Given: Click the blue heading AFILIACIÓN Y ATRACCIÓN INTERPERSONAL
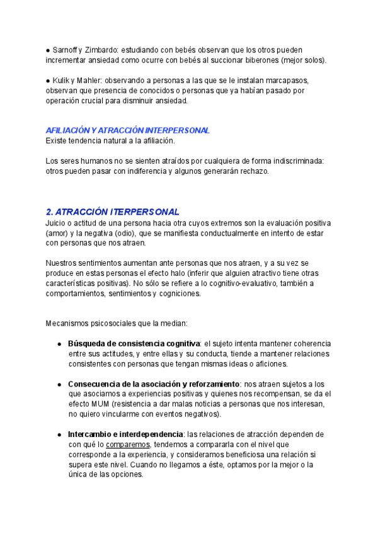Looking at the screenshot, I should [x=128, y=130].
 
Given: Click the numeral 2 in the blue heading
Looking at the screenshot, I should [x=49, y=212].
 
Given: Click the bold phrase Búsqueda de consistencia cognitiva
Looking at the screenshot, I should [x=134, y=344].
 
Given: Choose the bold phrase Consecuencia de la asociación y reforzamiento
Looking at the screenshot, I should [x=153, y=384].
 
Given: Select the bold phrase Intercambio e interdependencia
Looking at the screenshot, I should [x=125, y=435].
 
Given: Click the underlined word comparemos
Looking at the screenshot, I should [x=127, y=445].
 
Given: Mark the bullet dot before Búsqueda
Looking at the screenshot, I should [x=59, y=344].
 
